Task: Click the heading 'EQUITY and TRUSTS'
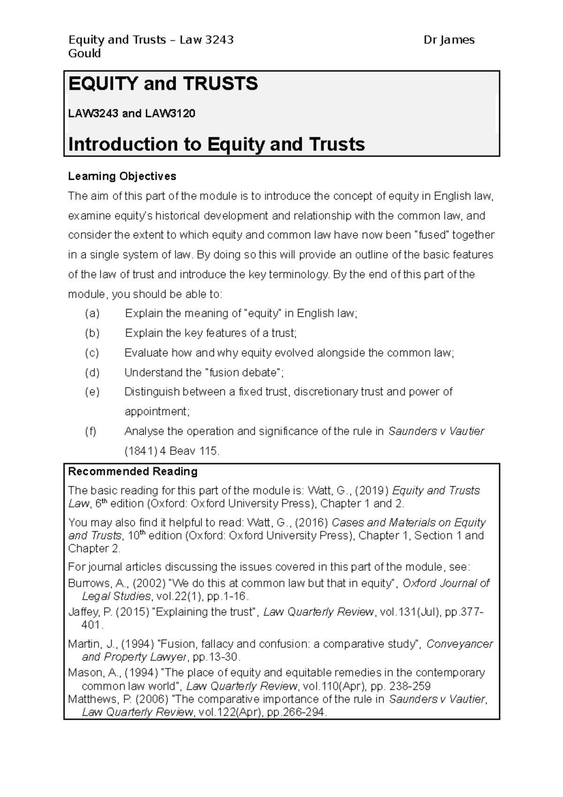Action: [163, 84]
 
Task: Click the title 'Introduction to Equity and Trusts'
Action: [216, 144]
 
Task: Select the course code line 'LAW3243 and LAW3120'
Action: [131, 114]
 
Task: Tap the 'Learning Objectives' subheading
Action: [122, 176]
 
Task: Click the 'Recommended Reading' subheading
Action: [133, 471]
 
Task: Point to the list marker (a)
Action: [92, 314]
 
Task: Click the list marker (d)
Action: [92, 373]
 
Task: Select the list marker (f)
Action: [91, 431]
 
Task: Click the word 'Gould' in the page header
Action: [84, 54]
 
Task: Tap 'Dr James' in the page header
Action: [449, 40]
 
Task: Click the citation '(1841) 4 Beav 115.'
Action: [171, 451]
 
